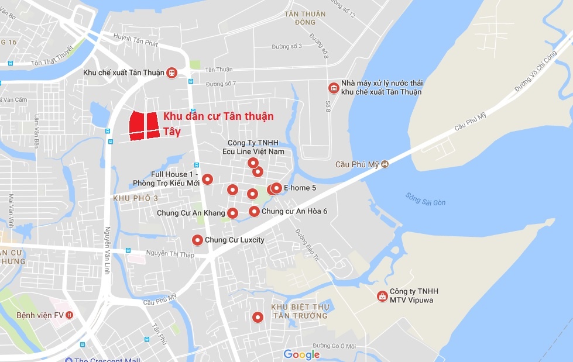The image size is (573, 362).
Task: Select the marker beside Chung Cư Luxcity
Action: coord(198,240)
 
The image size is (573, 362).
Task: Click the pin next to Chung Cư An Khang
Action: coord(232,213)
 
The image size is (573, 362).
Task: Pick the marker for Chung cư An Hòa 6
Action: coord(254,211)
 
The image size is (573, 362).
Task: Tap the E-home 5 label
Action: coord(300,188)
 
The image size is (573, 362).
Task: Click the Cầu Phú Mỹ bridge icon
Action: coord(385,165)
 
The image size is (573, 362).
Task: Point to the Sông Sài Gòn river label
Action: coord(426,199)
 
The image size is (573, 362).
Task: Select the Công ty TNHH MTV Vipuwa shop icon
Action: coord(382,296)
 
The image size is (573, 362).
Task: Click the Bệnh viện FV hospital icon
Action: coord(70,315)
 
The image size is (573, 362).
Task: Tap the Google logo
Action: coord(301,354)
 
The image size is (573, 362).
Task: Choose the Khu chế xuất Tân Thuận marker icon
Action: coord(171,73)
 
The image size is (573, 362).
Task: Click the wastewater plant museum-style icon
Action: coord(333,88)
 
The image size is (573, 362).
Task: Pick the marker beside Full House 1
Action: coord(207,179)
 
